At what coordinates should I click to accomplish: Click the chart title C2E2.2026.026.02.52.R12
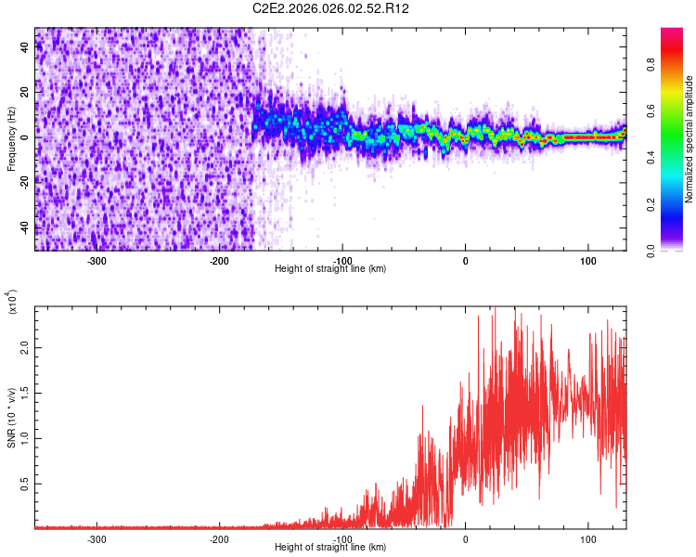331,8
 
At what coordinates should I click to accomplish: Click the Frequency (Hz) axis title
11,138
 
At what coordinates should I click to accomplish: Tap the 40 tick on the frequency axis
25,48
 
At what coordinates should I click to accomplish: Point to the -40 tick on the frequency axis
25,227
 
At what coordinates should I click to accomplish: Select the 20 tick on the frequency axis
25,93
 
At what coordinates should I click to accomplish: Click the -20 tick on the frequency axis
25,182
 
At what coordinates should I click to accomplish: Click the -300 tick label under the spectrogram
97,261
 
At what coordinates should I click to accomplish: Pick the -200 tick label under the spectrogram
219,261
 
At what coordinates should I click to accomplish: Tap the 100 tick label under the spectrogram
587,261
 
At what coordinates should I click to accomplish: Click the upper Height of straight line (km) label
330,269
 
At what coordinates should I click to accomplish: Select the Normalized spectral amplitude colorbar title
689,140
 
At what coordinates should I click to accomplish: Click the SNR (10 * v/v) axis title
11,418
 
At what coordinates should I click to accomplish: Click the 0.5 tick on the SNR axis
25,484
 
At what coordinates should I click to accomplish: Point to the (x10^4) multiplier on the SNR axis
11,303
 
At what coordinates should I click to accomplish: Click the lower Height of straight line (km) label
330,547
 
